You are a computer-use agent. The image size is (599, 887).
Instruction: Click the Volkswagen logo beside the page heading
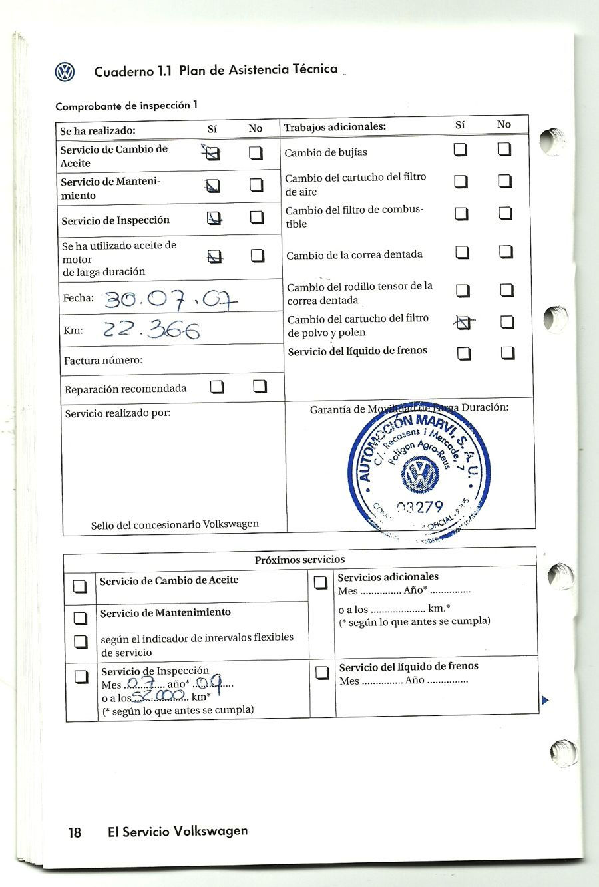65,72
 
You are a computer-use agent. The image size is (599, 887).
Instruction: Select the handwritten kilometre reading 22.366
152,329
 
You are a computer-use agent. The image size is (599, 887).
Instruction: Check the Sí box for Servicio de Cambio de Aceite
212,154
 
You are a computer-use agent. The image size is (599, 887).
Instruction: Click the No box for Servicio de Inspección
257,218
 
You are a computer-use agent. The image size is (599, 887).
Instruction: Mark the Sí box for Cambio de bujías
461,150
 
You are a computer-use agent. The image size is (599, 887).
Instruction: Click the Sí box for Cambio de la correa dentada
463,252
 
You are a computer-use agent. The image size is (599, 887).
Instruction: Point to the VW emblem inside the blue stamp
421,476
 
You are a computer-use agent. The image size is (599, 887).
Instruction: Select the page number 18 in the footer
75,832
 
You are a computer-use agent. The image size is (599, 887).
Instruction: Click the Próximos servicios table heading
299,560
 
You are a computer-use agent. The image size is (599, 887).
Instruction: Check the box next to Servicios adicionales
321,583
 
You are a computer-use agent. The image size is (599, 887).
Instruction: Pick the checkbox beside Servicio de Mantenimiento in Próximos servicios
81,618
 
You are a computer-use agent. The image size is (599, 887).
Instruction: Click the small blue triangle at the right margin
545,699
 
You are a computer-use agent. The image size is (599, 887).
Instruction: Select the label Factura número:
103,361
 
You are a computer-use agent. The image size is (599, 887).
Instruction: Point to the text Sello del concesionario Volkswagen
175,524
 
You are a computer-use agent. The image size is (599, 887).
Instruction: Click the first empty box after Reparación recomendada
216,387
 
